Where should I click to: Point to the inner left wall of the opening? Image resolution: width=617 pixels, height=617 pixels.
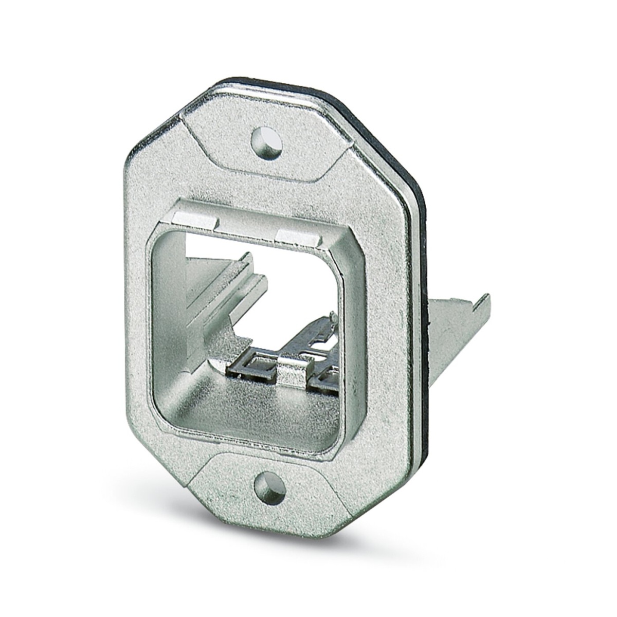point(165,319)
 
